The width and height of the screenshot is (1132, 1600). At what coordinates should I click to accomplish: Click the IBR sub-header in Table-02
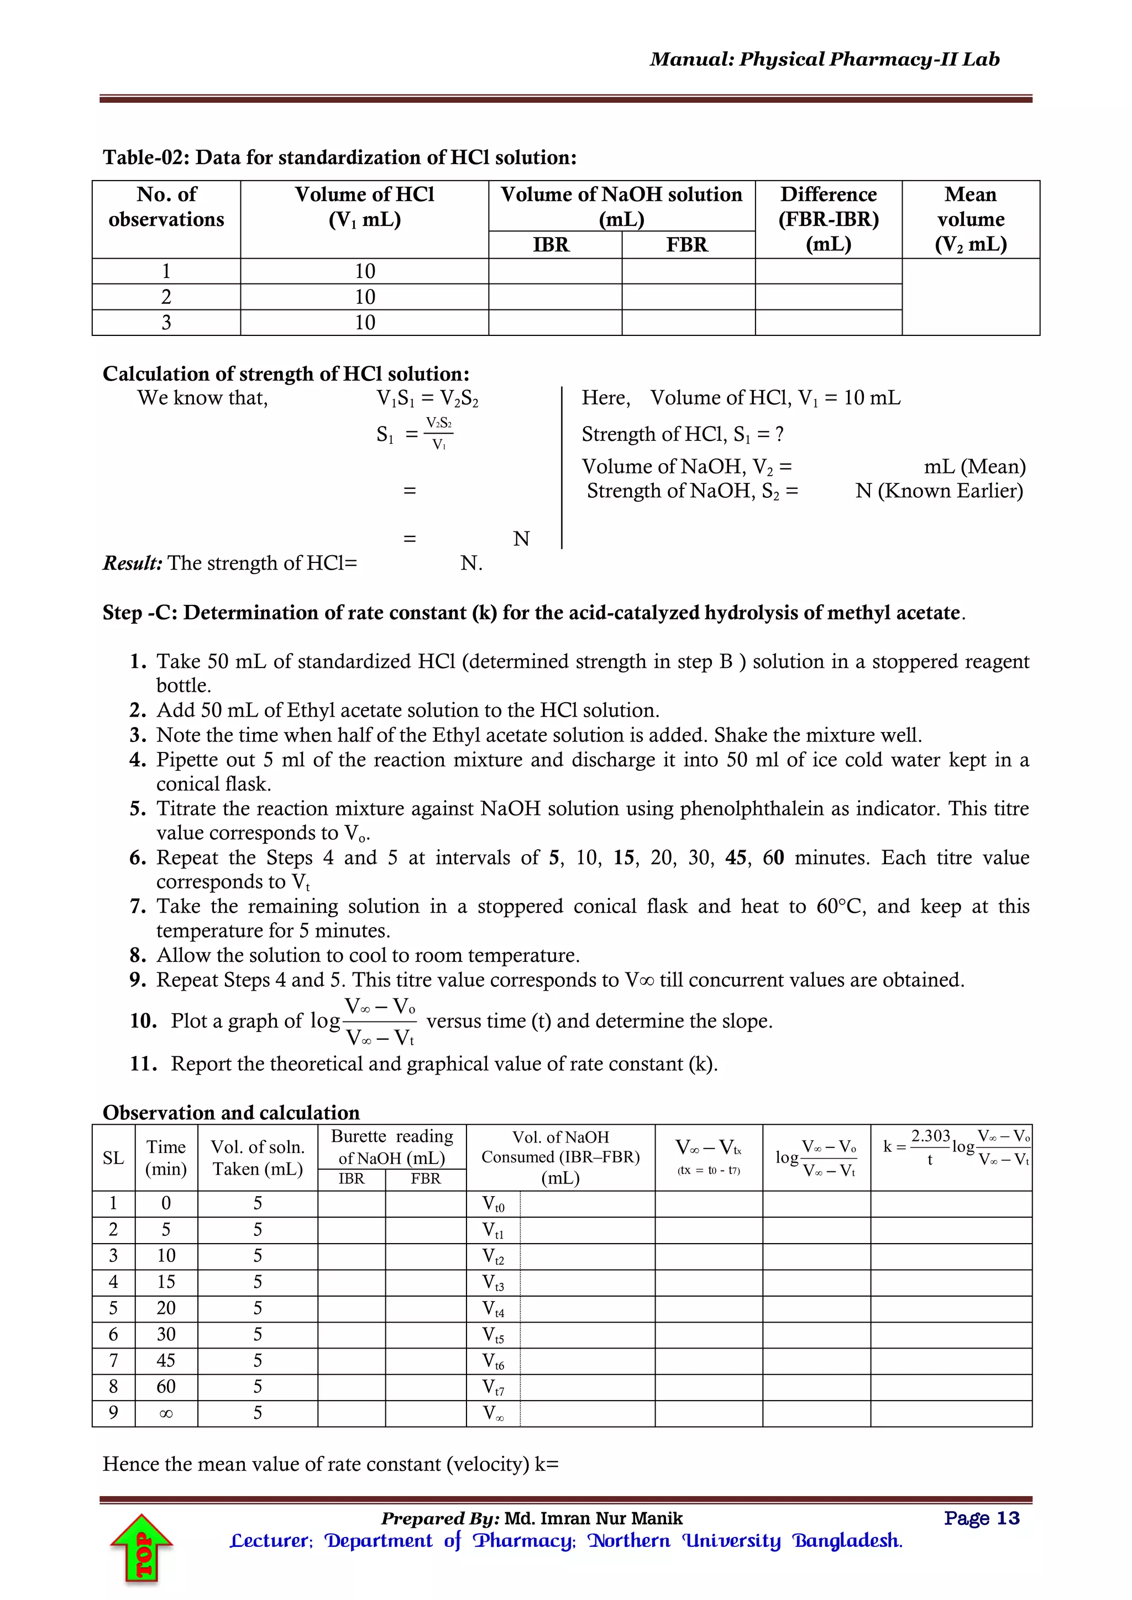tap(552, 245)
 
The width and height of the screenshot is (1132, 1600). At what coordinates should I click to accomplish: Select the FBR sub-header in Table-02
tap(686, 245)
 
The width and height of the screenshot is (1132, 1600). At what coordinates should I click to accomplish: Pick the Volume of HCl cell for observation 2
tap(365, 297)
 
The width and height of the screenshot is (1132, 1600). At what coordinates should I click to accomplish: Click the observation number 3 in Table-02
tap(166, 323)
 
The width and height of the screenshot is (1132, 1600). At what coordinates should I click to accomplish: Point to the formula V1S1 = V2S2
tap(427, 398)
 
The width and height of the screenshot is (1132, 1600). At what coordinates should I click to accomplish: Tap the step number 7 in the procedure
tap(137, 906)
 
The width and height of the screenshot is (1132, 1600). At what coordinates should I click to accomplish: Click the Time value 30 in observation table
tap(166, 1334)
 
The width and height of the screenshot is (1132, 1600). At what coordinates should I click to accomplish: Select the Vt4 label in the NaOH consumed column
tap(494, 1309)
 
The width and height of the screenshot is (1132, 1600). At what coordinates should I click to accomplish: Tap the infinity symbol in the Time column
tap(166, 1413)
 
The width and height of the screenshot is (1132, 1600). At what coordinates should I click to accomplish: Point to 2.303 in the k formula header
tap(931, 1136)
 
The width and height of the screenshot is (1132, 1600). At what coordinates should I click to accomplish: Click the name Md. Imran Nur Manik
tap(593, 1518)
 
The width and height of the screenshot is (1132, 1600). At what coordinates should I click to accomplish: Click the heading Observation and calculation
tap(230, 1112)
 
